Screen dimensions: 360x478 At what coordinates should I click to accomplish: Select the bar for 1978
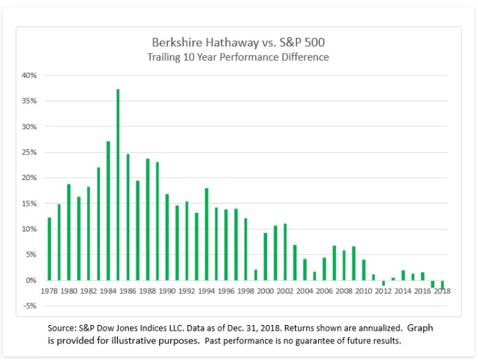(49, 249)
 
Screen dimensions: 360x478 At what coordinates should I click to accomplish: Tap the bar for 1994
(206, 234)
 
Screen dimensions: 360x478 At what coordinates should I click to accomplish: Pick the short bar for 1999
(256, 275)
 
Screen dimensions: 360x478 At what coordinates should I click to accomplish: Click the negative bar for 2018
(442, 284)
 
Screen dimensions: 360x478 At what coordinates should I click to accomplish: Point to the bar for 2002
(285, 251)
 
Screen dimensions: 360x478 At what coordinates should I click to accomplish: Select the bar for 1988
(147, 219)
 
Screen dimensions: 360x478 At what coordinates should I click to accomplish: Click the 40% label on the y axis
(29, 75)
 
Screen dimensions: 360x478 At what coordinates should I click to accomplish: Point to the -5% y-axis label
(29, 306)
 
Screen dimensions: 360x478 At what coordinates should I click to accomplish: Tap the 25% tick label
(29, 152)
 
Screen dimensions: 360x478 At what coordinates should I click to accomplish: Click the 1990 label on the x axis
(167, 292)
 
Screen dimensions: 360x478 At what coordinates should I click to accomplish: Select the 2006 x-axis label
(324, 292)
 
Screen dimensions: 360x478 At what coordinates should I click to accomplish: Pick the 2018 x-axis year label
(442, 292)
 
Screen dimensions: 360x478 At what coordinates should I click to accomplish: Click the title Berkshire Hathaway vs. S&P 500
(239, 42)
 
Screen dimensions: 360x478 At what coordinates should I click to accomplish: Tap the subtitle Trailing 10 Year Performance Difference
(239, 57)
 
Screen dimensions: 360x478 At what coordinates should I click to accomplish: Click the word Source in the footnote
(62, 327)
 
